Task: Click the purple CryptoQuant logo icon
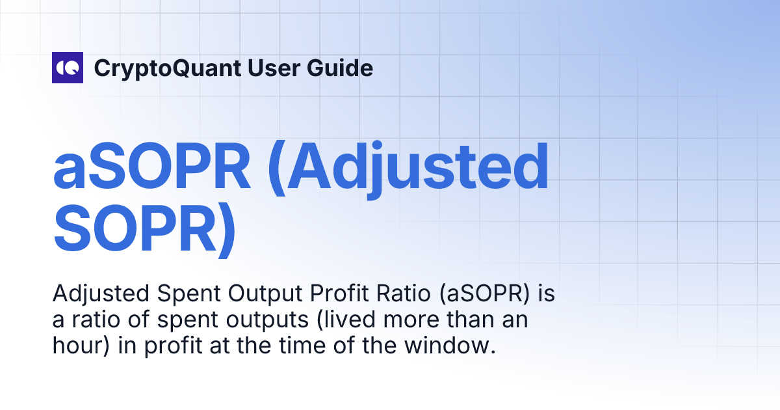[68, 68]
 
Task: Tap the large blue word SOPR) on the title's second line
[144, 230]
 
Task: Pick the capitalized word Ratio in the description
[398, 295]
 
